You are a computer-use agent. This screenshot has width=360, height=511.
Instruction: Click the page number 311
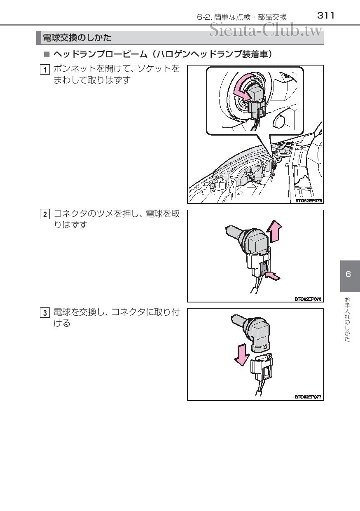coord(326,16)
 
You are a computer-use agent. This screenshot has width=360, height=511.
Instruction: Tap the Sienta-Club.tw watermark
coord(266,30)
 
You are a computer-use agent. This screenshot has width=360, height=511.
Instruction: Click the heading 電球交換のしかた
coord(77,38)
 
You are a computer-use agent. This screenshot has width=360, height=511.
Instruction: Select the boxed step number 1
coord(45,70)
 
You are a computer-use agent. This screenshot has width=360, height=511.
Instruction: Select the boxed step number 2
coord(45,214)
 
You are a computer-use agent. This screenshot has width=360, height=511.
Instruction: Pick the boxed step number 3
coord(45,313)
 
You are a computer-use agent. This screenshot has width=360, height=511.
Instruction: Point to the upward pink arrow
coord(274,231)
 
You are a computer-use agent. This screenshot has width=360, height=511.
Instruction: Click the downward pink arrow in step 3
coord(242,355)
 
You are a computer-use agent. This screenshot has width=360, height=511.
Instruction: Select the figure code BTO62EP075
coord(308,201)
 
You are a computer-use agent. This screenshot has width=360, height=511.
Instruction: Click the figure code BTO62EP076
coord(308,299)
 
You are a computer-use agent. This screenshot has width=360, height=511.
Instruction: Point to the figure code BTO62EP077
coord(308,397)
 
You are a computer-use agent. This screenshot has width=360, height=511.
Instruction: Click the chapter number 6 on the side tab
coord(348,274)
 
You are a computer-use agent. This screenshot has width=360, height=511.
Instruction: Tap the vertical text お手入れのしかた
coord(347,319)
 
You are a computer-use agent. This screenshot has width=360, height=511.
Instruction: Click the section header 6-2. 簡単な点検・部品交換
coord(242,17)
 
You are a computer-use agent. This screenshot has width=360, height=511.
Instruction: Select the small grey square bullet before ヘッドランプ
coord(47,54)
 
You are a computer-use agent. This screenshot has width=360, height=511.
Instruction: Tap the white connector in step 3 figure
coord(262,366)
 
